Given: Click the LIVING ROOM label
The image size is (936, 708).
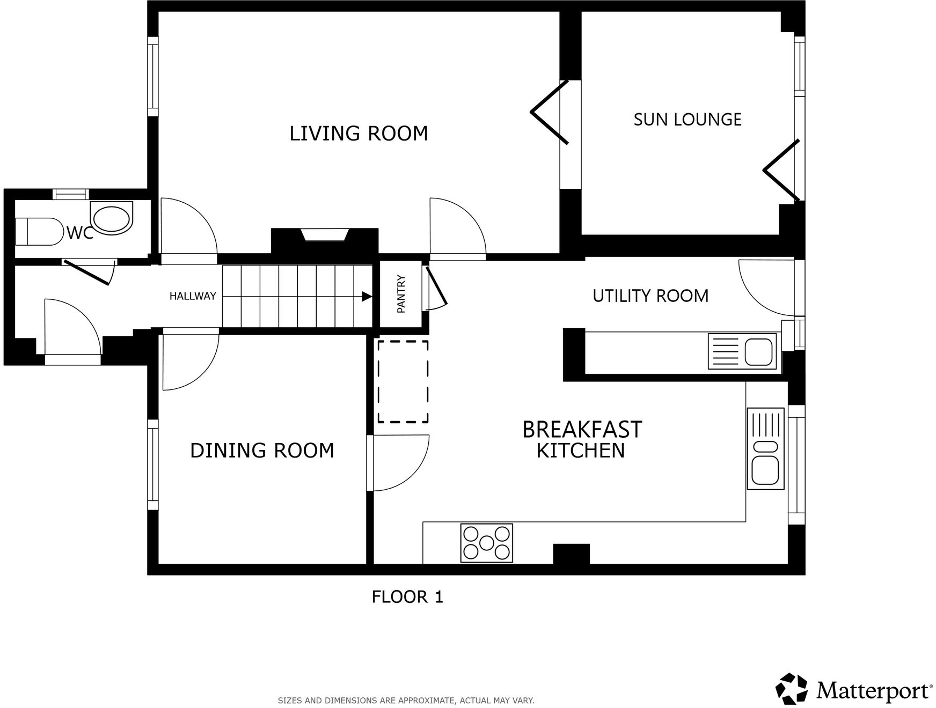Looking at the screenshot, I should (359, 133).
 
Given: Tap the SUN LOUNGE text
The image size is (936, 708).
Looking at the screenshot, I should (687, 119).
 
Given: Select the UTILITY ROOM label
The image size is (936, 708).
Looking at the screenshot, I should (650, 296).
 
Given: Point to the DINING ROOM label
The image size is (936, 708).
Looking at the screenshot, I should (262, 451).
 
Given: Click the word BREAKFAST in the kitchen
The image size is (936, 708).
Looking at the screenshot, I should (582, 430).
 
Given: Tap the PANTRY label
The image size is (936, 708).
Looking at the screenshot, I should (401, 294).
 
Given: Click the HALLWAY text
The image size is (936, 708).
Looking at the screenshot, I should (193, 296).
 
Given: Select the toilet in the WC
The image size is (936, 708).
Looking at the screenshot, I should (39, 231).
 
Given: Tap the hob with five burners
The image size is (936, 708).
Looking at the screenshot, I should (487, 543).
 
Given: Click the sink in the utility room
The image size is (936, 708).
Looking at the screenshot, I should (742, 351).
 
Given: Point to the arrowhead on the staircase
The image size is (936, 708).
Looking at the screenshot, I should (367, 296).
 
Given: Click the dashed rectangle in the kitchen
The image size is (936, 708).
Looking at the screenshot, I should (403, 381).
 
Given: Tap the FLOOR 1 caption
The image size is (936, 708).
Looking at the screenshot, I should (407, 596).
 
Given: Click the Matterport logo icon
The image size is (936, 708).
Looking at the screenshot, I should (792, 688).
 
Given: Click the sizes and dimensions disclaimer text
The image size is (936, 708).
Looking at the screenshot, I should (406, 700).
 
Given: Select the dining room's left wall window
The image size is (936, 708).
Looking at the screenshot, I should (153, 464).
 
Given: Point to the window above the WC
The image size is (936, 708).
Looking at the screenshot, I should (71, 194).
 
